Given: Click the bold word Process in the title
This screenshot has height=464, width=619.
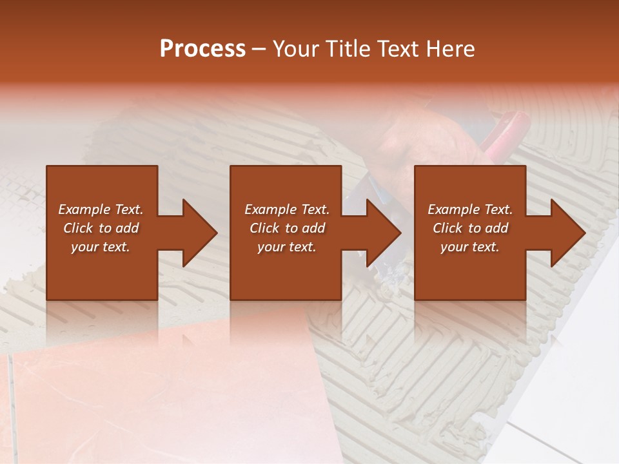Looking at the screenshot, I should click(x=202, y=49).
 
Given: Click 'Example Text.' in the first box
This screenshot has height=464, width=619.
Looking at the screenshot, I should click(x=101, y=209).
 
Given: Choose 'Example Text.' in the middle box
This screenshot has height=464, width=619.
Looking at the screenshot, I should click(x=287, y=209).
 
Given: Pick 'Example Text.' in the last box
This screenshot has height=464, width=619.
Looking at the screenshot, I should click(x=470, y=209).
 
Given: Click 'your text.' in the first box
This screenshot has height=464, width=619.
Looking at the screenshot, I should click(x=101, y=247).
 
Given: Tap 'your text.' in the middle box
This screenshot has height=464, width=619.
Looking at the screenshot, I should click(x=286, y=247).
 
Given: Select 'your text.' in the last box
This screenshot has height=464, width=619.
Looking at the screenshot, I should click(x=469, y=247).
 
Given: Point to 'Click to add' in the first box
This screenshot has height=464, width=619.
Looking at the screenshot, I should click(x=101, y=228).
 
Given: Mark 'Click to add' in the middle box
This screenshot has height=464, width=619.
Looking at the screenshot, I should click(x=287, y=228).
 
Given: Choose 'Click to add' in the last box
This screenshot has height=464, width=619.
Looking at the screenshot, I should click(x=470, y=228).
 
